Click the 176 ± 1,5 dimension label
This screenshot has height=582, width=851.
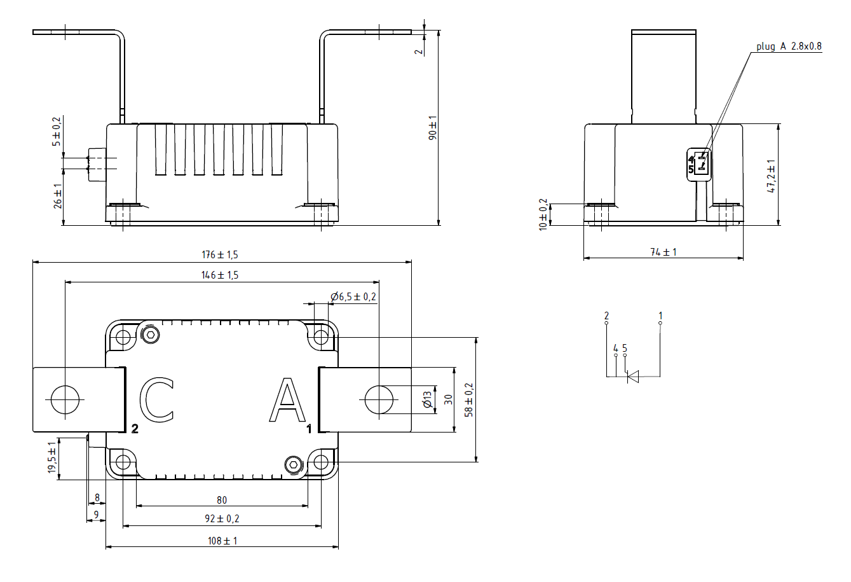click(x=220, y=254)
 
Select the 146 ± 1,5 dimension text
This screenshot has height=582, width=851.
click(x=220, y=275)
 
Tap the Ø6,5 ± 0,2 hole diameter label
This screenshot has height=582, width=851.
click(x=353, y=296)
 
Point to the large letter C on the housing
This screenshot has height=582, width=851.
click(x=156, y=400)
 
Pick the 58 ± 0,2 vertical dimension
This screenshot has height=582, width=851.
click(x=469, y=399)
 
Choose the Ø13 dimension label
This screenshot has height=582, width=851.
click(x=427, y=399)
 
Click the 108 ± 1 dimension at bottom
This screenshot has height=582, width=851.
click(x=222, y=541)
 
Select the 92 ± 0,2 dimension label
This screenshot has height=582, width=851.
click(x=222, y=518)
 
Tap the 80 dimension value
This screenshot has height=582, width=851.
click(x=221, y=500)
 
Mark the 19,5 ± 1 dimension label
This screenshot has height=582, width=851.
click(x=52, y=458)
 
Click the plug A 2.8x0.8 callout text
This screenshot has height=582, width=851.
click(x=788, y=46)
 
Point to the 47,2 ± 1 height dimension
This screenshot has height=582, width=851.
click(x=772, y=176)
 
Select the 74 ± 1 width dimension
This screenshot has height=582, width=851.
click(x=663, y=252)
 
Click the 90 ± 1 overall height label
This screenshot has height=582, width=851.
click(x=433, y=127)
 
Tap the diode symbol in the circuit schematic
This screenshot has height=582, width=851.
click(x=633, y=377)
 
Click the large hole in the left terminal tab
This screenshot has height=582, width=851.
click(x=65, y=399)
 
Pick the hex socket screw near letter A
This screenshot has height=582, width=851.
click(x=293, y=464)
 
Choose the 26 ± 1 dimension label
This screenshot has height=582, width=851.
click(x=57, y=195)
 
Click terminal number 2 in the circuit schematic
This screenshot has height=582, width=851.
click(x=606, y=315)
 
